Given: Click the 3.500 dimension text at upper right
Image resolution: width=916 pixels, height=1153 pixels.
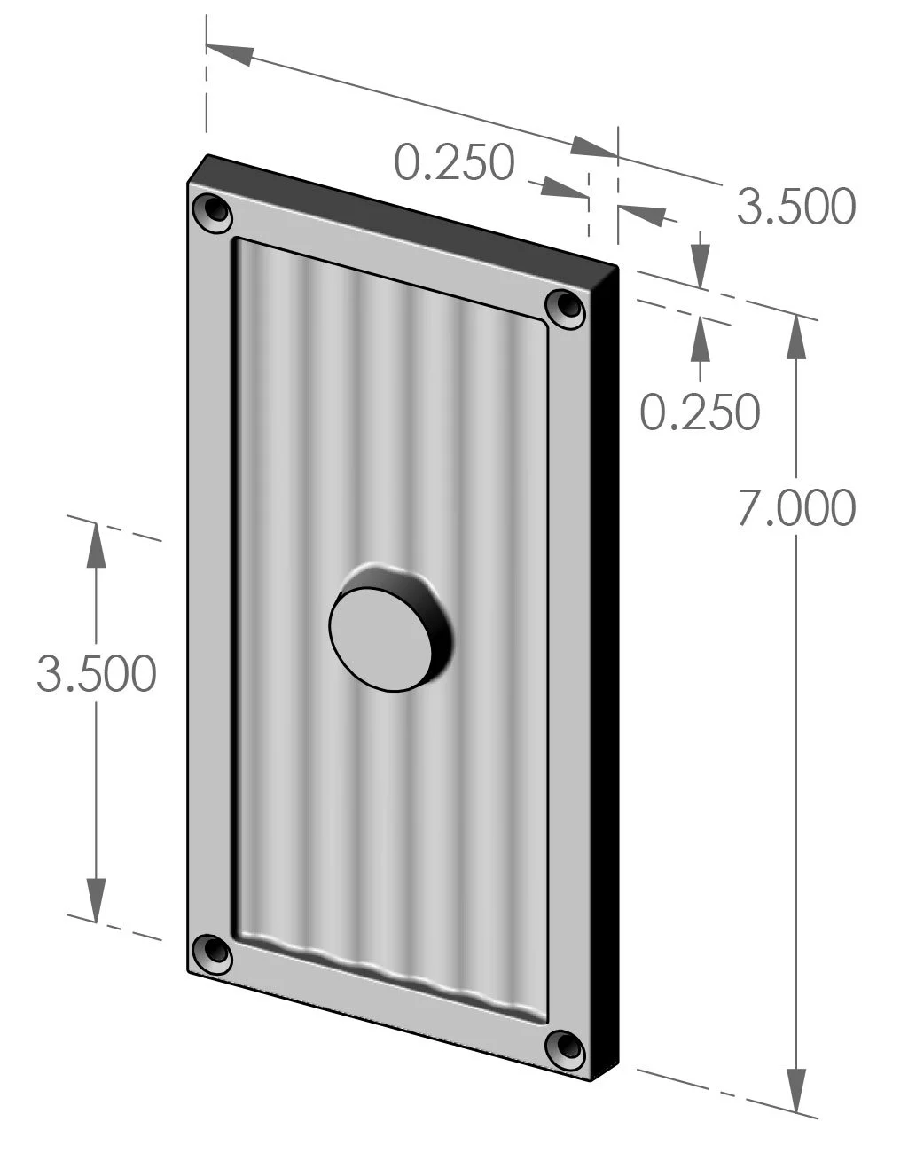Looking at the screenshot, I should pos(795,206).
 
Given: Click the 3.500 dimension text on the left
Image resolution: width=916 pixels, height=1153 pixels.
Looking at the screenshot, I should pos(96,674).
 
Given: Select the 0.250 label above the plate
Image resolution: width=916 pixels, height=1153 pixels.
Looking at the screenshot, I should pos(454,162).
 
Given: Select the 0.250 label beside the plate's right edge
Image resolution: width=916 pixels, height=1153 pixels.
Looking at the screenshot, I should pos(700,412).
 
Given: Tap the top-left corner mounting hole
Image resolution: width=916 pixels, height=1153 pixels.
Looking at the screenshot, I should pos(213,211).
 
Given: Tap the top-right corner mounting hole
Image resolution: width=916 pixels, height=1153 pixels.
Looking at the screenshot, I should pos(565,308).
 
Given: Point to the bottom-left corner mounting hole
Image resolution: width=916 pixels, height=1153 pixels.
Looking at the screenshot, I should pos(213,953).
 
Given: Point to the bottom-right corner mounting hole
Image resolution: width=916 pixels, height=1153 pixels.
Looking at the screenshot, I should pos(565,1050).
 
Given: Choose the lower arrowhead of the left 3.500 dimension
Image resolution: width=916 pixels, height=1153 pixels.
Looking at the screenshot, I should pos(96,898).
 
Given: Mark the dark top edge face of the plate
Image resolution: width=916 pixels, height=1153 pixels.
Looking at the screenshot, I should pos(408,208).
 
